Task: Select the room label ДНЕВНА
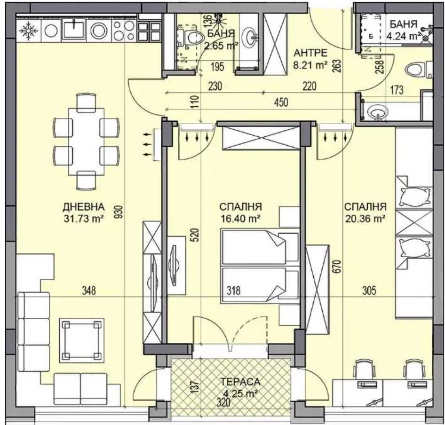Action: (83, 207)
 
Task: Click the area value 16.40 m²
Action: (241, 218)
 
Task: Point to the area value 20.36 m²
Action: (365, 218)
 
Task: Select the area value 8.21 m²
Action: (310, 65)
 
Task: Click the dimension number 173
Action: (397, 90)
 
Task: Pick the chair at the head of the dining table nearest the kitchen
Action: (86, 102)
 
